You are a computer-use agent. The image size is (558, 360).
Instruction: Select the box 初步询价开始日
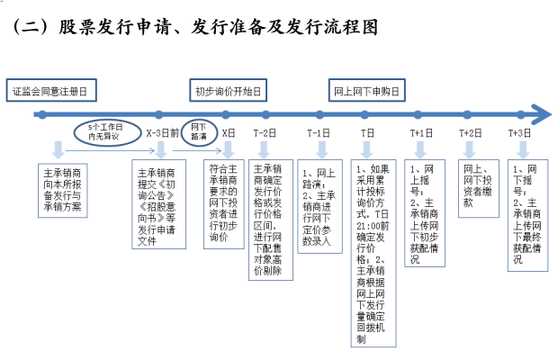(229, 92)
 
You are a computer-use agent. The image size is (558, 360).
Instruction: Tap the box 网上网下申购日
(364, 92)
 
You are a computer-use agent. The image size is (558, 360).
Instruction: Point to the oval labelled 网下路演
(199, 131)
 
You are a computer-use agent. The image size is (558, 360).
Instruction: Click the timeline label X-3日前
(163, 132)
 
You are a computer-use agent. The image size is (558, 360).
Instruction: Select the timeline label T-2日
(265, 132)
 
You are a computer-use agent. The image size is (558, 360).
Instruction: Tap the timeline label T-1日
(319, 132)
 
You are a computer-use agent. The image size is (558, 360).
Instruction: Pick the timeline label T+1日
(421, 132)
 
